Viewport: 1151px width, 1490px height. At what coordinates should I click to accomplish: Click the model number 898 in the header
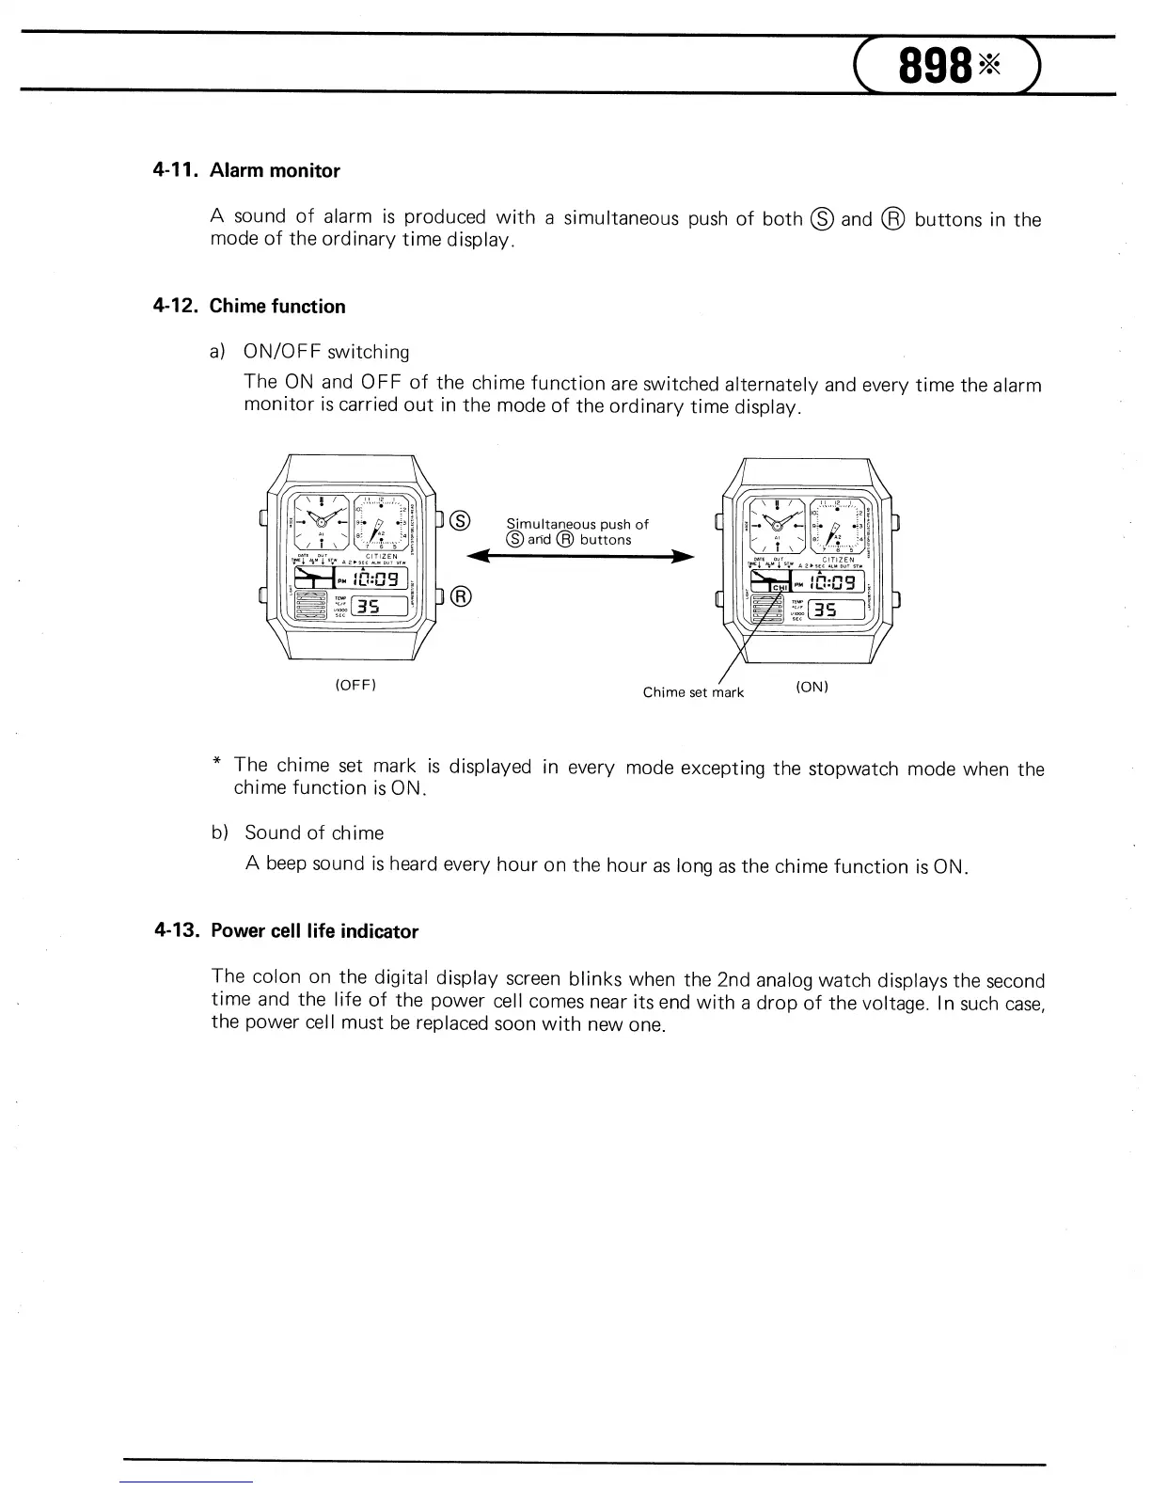(935, 65)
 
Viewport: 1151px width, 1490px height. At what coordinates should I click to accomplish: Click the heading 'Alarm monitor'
(275, 171)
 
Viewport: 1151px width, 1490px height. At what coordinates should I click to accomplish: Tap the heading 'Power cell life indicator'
(314, 931)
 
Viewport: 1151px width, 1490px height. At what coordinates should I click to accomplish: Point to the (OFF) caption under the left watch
(355, 685)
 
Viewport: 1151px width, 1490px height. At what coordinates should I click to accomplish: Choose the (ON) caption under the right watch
(812, 687)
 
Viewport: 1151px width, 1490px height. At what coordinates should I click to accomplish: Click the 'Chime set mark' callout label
(693, 692)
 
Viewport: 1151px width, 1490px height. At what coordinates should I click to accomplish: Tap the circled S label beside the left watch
(460, 520)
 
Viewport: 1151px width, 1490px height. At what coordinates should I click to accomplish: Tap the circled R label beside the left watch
(460, 596)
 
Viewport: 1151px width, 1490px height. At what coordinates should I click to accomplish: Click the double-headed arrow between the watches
(581, 557)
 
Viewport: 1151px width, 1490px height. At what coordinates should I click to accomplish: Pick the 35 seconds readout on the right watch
(825, 610)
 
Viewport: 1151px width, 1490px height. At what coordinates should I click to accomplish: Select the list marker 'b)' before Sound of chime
(219, 832)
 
